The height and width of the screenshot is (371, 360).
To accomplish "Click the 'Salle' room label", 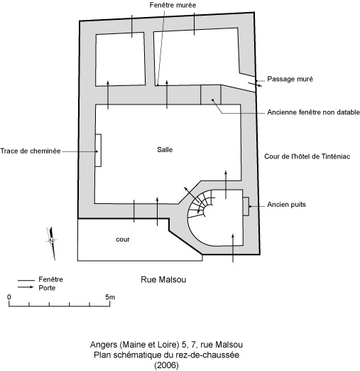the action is pos(165,150).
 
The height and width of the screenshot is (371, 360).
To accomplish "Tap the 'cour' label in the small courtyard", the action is pos(123,240).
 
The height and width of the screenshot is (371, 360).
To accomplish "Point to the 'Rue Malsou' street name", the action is pos(163,279).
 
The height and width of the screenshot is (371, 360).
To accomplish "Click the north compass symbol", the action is pos(51,243).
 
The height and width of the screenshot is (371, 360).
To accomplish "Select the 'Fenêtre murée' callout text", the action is pos(173,5).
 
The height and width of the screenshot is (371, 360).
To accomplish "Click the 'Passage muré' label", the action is pos(290,79).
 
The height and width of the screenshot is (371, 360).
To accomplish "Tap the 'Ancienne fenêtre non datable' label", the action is pos(313,112).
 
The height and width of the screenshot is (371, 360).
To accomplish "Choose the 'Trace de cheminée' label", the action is pos(31,151).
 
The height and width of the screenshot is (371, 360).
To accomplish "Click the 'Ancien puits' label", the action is pos(286,205).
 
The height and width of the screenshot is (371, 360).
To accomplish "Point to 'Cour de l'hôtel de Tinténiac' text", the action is pos(307,156).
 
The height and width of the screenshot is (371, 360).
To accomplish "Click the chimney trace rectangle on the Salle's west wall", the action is pos(98,151).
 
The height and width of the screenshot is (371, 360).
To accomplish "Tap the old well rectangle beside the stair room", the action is pos(246,206).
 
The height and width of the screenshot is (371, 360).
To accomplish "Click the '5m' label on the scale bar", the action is pos(110,297).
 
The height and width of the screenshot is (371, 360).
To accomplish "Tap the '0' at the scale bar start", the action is pos(9,297).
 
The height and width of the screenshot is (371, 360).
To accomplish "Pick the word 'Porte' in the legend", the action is pos(47,288).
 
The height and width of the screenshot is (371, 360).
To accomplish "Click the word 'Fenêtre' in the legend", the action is pos(50,279).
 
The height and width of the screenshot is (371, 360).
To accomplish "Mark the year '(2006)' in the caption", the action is pos(166,365).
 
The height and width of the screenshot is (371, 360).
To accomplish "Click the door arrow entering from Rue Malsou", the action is pos(233,248).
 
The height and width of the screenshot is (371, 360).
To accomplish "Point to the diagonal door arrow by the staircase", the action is pos(192,195).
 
